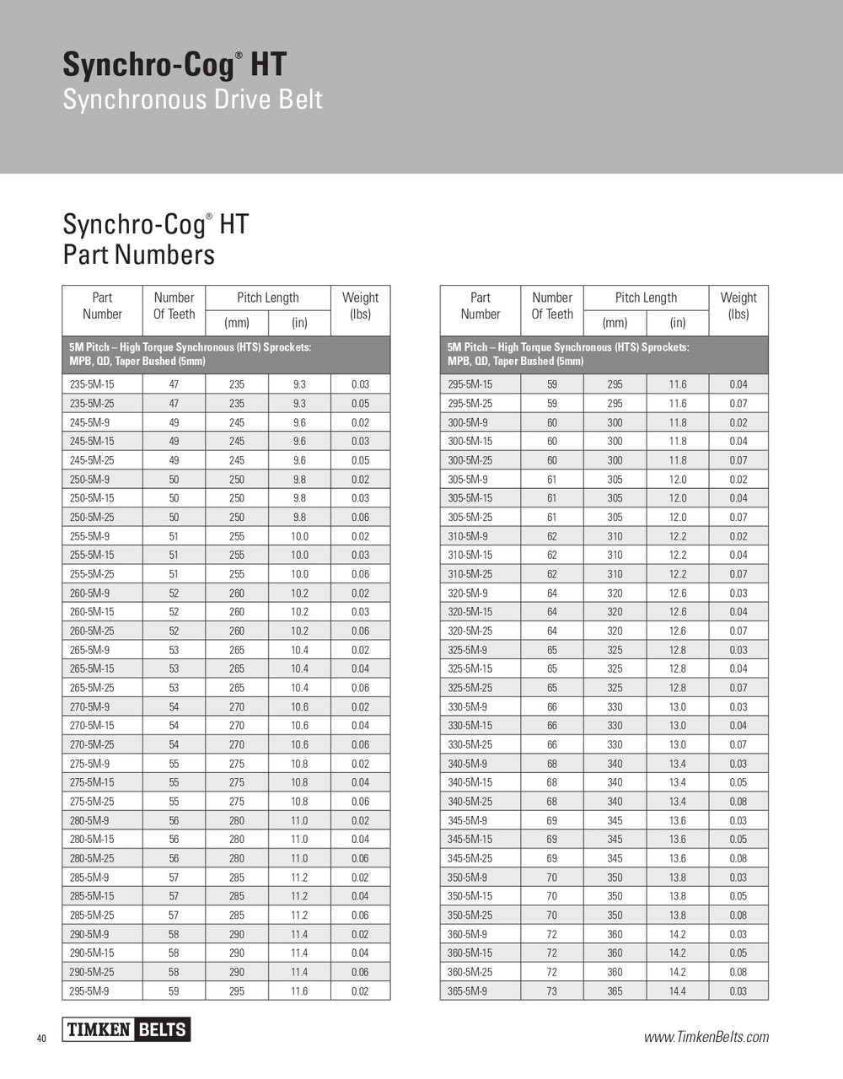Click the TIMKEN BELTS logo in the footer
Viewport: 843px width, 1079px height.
126,1029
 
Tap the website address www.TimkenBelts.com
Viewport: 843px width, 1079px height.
706,1037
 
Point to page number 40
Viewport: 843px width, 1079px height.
41,1039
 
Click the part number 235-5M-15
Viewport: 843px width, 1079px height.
92,384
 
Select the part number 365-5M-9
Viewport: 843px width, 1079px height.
467,991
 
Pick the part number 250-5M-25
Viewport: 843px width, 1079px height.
92,518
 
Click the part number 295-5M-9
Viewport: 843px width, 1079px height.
89,991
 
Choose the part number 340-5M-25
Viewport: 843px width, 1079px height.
470,802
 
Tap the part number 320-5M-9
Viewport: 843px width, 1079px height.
467,593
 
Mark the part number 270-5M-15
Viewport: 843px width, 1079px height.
92,726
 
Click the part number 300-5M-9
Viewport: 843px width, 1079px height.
467,422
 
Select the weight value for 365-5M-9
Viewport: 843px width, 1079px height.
738,991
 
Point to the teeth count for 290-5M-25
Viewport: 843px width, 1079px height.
174,972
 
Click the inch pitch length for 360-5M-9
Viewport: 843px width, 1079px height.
678,934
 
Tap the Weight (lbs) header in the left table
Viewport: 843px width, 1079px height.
360,306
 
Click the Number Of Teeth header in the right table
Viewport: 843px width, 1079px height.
552,306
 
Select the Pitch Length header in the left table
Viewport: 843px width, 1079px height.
268,298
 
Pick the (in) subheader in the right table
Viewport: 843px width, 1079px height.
678,323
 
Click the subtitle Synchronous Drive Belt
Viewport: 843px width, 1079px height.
193,99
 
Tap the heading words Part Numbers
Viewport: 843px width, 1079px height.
139,255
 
